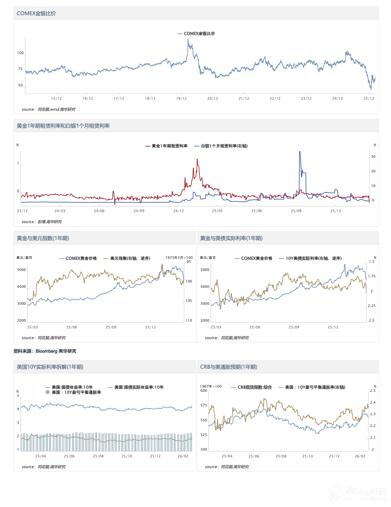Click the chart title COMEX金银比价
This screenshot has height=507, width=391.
[36, 14]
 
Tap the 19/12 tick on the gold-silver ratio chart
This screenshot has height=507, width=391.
[181, 98]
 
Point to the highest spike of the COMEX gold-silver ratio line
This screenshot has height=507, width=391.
[188, 39]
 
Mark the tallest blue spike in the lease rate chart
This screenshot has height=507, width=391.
[300, 152]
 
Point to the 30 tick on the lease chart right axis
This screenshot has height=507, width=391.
[373, 157]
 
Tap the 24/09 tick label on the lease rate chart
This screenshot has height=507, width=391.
[139, 211]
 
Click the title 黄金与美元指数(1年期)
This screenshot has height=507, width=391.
[43, 238]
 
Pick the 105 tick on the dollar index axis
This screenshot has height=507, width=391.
[188, 301]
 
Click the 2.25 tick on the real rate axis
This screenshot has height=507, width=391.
[372, 306]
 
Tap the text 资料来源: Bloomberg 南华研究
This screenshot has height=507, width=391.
[45, 351]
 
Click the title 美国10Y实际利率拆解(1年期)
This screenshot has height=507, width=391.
[50, 367]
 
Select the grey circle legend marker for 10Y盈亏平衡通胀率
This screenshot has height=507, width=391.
[48, 392]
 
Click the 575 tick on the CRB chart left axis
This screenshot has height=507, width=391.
[204, 405]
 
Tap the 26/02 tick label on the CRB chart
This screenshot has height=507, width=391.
[360, 456]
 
